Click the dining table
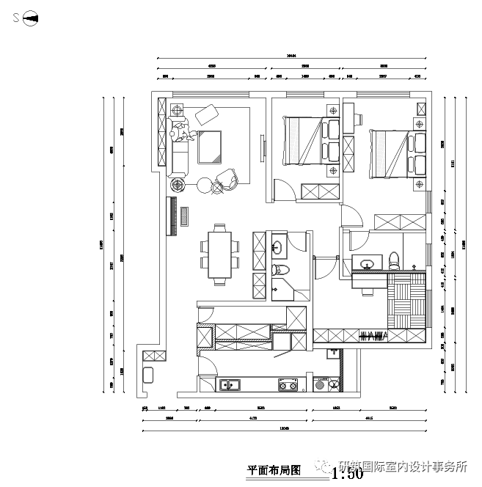[219, 255]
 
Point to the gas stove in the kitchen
[286, 384]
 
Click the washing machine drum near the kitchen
[319, 383]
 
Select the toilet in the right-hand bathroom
[394, 260]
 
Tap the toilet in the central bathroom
[282, 271]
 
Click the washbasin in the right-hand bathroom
[368, 263]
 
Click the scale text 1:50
[347, 474]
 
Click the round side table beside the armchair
[203, 183]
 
